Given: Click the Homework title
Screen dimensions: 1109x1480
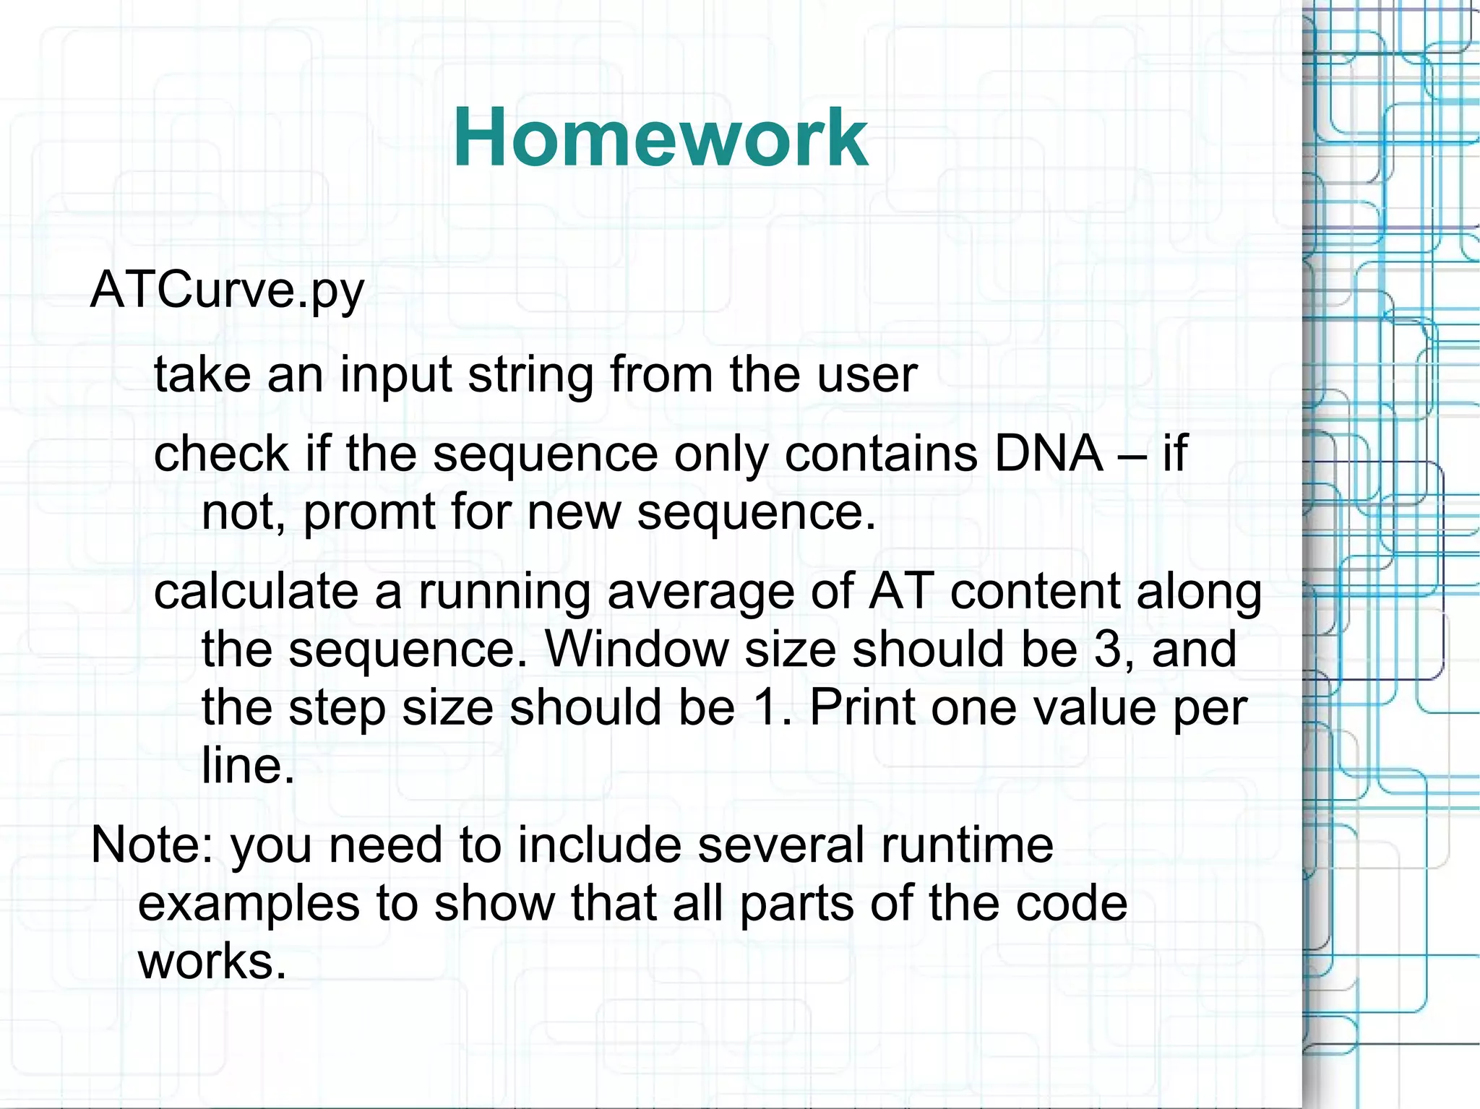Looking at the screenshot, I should point(660,137).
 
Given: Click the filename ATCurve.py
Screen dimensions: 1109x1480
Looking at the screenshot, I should point(228,291).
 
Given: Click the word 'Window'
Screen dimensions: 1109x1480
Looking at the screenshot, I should point(636,649).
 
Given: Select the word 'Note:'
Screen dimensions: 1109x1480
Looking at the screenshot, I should point(152,845).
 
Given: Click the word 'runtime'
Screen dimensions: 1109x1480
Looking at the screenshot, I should point(966,845).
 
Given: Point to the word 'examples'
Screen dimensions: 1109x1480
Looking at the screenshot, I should point(249,905).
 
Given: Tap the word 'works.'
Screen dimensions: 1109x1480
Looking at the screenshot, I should point(212,962).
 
